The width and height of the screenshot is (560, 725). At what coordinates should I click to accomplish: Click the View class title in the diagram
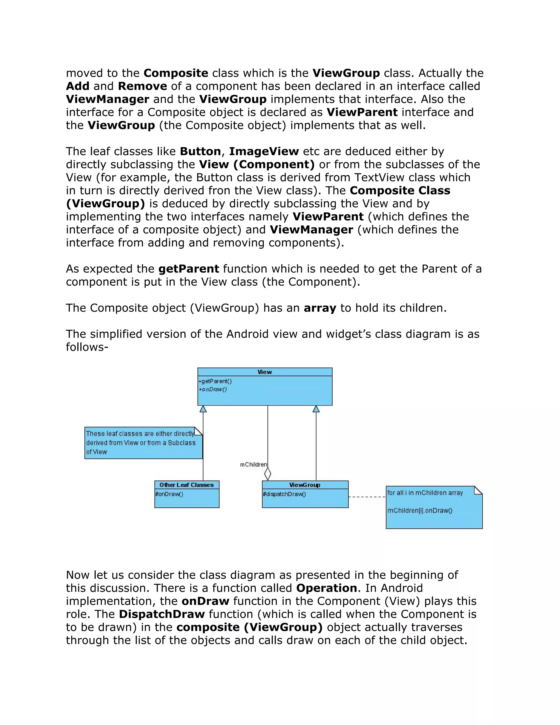[x=264, y=372]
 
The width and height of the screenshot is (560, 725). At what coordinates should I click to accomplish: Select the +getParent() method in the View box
[x=215, y=381]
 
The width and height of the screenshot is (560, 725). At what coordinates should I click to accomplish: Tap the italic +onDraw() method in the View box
[x=213, y=389]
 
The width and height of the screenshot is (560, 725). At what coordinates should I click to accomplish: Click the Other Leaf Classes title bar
[x=186, y=485]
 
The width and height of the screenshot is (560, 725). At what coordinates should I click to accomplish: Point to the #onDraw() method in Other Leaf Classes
[x=169, y=494]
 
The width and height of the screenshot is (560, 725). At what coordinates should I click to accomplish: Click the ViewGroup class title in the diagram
[x=305, y=485]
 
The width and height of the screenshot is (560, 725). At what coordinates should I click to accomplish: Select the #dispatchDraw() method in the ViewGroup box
[x=284, y=494]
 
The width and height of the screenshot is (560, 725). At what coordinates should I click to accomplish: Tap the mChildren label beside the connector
[x=253, y=465]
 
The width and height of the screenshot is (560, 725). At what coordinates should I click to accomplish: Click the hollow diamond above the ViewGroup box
[x=268, y=473]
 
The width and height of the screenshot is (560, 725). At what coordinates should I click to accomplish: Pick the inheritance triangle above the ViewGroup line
[x=316, y=409]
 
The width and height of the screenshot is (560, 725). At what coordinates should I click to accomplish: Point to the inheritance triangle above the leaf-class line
[x=203, y=409]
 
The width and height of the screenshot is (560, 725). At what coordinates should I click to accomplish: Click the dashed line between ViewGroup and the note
[x=367, y=497]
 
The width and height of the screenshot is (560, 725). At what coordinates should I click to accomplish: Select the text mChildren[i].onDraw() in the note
[x=420, y=511]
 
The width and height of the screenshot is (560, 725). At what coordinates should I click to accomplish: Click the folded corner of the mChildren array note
[x=478, y=490]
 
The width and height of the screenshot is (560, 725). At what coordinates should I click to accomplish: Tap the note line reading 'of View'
[x=97, y=452]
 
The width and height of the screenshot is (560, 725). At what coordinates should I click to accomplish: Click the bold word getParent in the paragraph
[x=188, y=269]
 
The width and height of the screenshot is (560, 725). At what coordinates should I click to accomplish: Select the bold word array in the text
[x=320, y=308]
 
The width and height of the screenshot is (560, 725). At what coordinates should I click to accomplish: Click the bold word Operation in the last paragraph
[x=326, y=588]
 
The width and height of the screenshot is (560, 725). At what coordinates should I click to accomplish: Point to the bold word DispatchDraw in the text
[x=162, y=614]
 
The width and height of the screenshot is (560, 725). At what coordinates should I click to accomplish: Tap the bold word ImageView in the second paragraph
[x=264, y=151]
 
